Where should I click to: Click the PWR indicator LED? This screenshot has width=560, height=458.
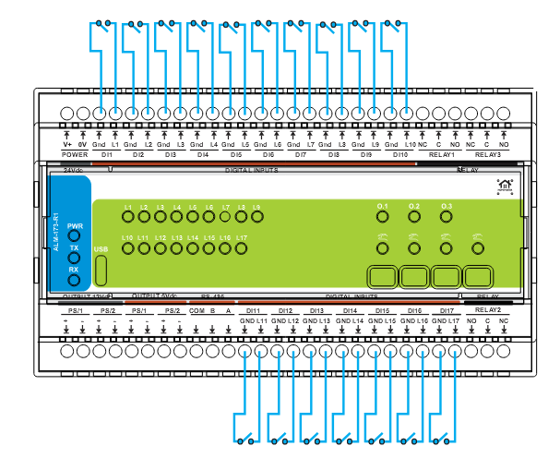click(x=75, y=237)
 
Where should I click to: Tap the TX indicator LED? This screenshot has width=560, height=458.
click(x=75, y=259)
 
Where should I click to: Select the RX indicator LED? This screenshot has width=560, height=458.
click(x=75, y=281)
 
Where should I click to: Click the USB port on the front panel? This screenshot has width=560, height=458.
click(x=101, y=269)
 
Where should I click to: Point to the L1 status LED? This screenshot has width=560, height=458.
click(x=128, y=217)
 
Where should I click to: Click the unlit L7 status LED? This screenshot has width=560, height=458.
click(x=225, y=217)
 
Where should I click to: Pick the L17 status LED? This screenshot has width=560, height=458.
click(x=242, y=248)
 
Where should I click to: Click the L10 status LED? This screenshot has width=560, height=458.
click(x=128, y=248)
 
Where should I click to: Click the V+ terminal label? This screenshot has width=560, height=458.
click(x=67, y=145)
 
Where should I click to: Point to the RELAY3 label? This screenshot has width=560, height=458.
click(x=488, y=155)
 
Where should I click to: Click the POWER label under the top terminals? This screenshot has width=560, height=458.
click(x=75, y=155)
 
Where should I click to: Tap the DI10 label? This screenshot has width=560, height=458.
click(x=400, y=155)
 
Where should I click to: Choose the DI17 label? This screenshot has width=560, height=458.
click(x=447, y=310)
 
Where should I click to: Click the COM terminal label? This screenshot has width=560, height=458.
click(x=196, y=311)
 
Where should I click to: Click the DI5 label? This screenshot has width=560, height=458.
click(x=236, y=155)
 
